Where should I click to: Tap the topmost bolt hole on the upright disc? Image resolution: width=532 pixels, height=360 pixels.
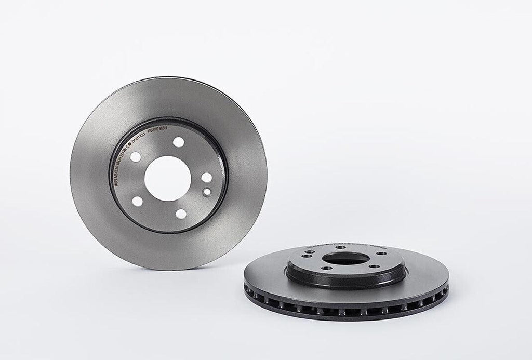178,141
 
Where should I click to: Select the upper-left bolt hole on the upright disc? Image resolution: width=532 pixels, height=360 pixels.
135,157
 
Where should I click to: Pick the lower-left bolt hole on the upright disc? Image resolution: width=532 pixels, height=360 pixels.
137,201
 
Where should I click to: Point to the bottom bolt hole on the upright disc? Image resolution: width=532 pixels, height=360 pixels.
181,213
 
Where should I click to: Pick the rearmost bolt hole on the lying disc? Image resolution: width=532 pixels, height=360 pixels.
340,247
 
